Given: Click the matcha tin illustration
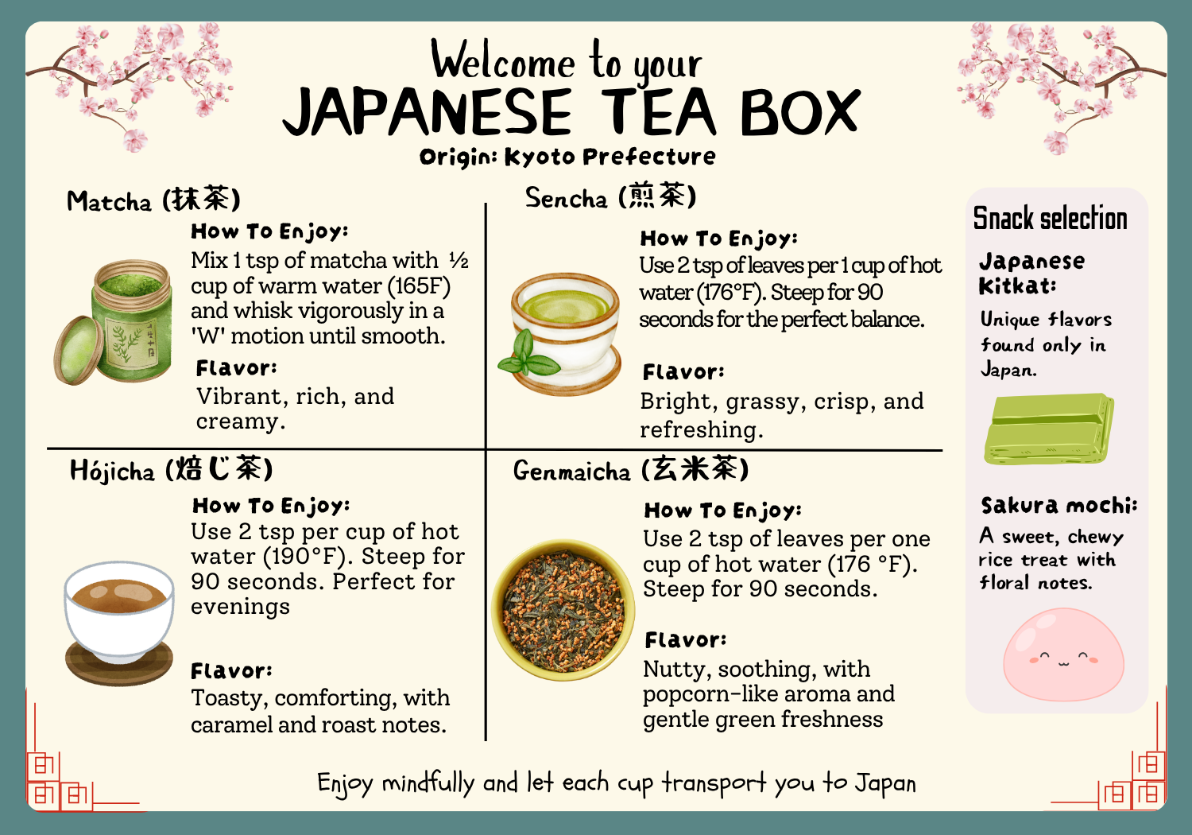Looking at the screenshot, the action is point(113,321).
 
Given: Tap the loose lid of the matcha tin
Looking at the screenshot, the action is point(78,351).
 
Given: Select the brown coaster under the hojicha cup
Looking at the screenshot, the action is point(118,662).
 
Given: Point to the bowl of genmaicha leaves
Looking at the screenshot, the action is point(563,610).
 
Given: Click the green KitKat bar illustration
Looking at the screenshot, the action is point(1048,429).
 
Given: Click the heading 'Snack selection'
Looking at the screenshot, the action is point(1050,218).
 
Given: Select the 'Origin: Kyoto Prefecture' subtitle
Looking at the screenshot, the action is point(567,157).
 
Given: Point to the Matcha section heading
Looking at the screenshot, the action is point(154,200).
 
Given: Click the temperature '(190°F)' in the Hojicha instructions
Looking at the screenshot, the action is point(308,557).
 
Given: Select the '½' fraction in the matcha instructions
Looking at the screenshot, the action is point(459,260).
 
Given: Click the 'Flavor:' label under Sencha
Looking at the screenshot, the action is point(683,372).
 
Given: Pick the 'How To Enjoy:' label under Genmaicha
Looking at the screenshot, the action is point(722,511).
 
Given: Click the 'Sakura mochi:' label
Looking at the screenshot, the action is point(1059,505).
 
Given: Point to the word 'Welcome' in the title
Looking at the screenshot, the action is point(503,61).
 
